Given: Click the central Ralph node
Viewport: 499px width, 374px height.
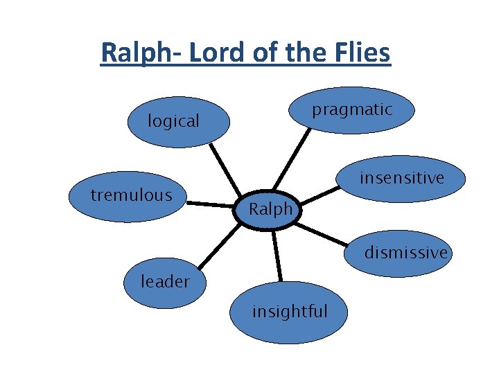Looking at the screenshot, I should [270, 208].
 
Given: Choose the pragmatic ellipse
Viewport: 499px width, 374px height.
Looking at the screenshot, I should [352, 109].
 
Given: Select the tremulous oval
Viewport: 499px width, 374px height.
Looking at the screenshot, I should [131, 196].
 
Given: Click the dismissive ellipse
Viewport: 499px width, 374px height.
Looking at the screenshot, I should [406, 253].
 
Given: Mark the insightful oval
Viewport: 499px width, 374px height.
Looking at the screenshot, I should [290, 312].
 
